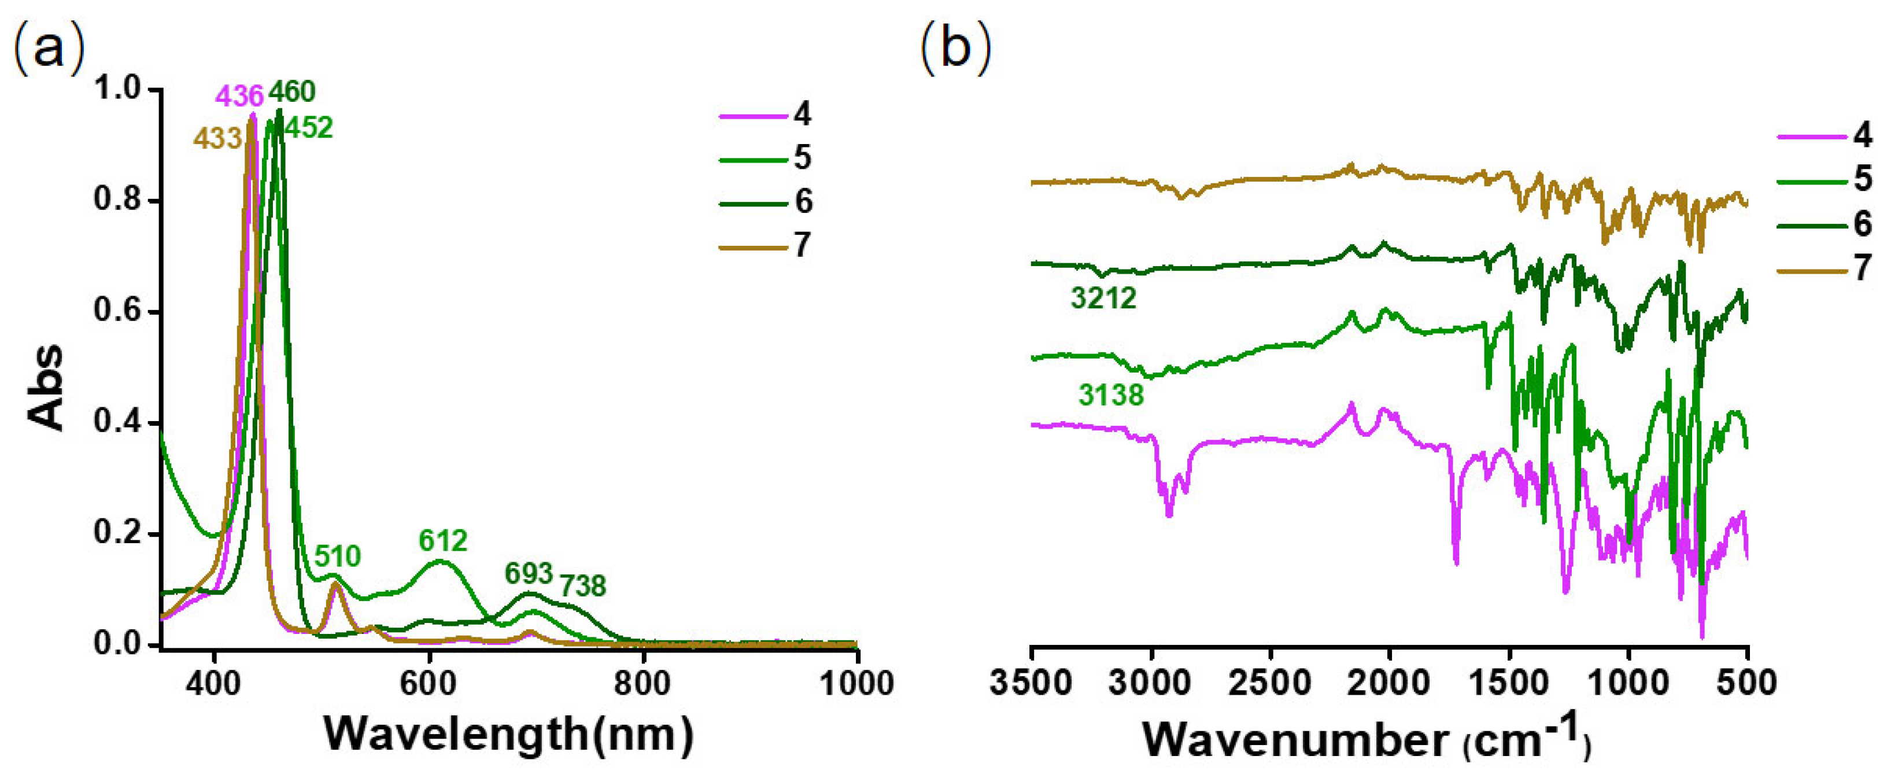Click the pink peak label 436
[239, 96]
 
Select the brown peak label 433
[217, 138]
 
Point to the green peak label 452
[308, 128]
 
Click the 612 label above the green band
[443, 541]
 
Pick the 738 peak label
[583, 586]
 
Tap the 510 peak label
[338, 556]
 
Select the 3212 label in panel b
[1103, 298]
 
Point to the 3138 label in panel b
[1110, 396]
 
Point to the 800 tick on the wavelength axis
[642, 684]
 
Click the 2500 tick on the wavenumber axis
[1269, 684]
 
